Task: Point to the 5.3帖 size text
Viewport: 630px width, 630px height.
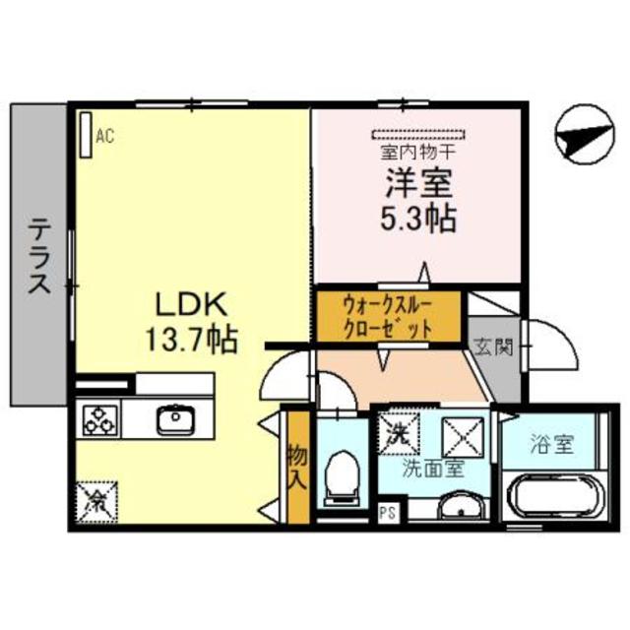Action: tap(417, 219)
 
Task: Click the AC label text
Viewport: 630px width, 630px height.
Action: tap(105, 138)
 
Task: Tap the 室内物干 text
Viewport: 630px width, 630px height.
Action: tap(416, 154)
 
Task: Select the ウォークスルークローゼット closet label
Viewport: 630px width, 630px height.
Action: tap(388, 316)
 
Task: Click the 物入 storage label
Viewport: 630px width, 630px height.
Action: tap(295, 468)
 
